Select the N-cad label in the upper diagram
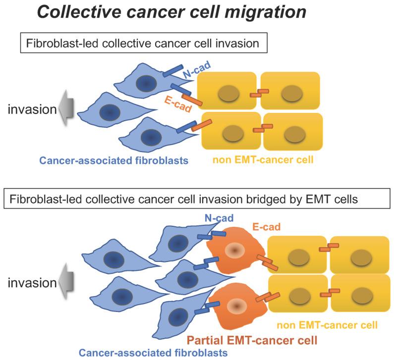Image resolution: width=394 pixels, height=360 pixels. click(194, 72)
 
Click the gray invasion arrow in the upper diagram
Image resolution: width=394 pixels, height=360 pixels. click(65, 109)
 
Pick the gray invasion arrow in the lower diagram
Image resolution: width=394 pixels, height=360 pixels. click(65, 283)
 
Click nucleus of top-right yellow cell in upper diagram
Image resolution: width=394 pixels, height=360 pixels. click(289, 93)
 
